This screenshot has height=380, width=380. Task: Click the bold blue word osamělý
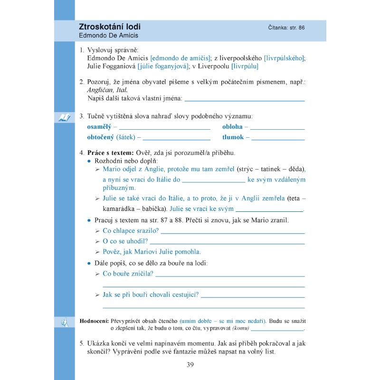99,127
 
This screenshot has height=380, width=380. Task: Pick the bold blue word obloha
232,127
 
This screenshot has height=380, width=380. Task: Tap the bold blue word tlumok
233,137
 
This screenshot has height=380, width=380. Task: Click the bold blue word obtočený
101,137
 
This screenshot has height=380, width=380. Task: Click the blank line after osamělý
164,129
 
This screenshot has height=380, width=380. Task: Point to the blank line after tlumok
278,139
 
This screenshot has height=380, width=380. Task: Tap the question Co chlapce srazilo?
131,231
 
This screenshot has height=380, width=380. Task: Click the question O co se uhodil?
125,241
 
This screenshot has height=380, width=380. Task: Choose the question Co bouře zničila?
128,274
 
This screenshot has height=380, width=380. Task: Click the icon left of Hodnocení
64,323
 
